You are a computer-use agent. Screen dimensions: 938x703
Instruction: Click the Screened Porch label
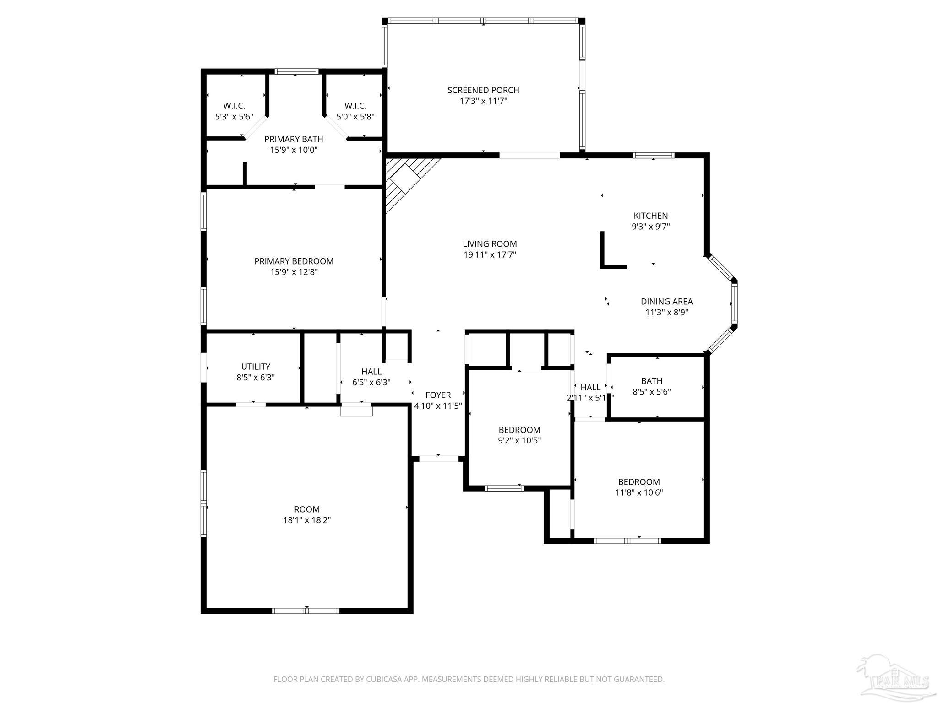coord(483,90)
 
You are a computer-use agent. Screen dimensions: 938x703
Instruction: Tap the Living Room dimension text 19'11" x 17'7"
coord(490,255)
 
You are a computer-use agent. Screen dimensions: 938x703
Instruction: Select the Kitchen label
coord(650,216)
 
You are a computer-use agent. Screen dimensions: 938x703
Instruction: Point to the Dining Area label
coord(666,302)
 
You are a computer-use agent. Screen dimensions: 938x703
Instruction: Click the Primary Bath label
coord(294,139)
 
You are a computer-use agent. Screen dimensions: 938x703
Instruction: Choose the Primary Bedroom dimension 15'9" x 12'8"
coord(294,272)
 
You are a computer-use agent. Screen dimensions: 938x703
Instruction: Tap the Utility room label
coord(256,367)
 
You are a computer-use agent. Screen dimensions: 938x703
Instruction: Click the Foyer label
coord(438,395)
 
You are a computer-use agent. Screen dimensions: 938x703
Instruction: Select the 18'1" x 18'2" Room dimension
coord(307,520)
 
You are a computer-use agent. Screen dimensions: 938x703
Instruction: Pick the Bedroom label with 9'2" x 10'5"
coord(519,430)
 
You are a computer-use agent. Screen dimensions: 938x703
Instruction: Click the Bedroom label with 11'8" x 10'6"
coord(639,482)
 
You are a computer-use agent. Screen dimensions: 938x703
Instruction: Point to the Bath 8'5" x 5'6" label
coord(651,381)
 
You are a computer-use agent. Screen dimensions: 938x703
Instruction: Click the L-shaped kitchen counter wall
coord(604,256)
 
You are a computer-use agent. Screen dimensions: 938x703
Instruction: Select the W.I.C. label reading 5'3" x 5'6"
coord(234,106)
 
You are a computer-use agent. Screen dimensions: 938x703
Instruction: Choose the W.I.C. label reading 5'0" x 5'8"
coord(355,106)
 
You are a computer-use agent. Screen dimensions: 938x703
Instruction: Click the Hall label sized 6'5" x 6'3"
coord(371,372)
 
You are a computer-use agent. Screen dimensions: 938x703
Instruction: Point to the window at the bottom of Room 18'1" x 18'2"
coord(305,610)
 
